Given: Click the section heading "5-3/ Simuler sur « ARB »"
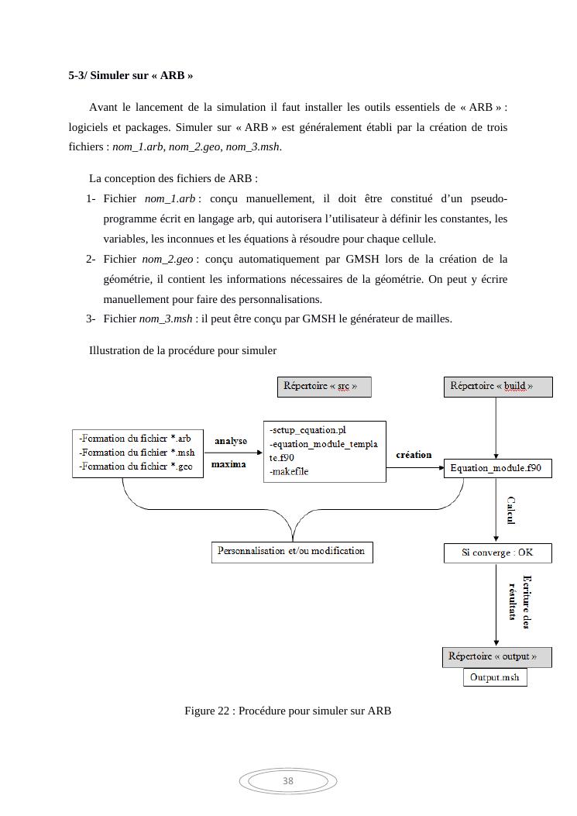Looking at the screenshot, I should pos(130,76).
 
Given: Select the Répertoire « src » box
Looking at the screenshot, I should pos(324,386).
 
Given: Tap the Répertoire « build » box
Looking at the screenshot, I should pos(497,386).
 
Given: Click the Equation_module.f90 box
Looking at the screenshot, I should pos(497,468).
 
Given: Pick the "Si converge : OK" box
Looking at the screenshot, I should pos(497,553).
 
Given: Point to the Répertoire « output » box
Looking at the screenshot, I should pos(496,656).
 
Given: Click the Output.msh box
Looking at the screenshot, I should pos(495,678).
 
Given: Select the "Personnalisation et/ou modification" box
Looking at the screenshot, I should pos(291,552).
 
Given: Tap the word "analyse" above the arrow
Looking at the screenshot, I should pos(231,441).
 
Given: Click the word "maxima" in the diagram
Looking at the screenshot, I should pos(228,464).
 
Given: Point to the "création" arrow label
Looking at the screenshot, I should pos(414,455).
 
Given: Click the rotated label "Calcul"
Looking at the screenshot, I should pos(511,510).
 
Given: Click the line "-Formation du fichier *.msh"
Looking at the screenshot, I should pos(137,453).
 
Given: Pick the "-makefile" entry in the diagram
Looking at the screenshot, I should pos(289,471).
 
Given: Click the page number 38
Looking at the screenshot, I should pos(288,781).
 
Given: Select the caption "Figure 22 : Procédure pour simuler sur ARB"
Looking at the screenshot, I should pos(287,711).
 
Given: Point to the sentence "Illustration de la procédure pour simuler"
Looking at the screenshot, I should pos(183,351).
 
